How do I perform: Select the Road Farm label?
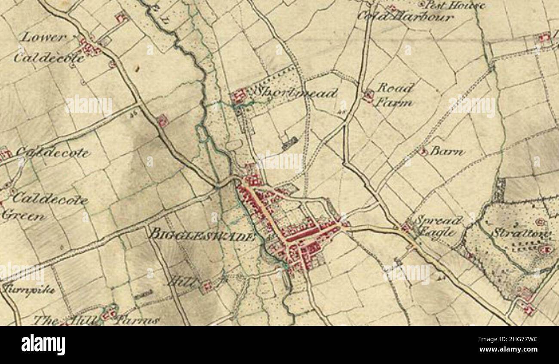(394, 95)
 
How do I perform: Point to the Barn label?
(447, 152)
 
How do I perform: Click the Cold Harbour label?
(405, 17)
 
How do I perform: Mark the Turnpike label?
(28, 289)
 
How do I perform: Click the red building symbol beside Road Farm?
(368, 95)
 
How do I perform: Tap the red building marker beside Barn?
(423, 151)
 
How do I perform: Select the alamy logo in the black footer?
(43, 345)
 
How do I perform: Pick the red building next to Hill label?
(207, 285)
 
